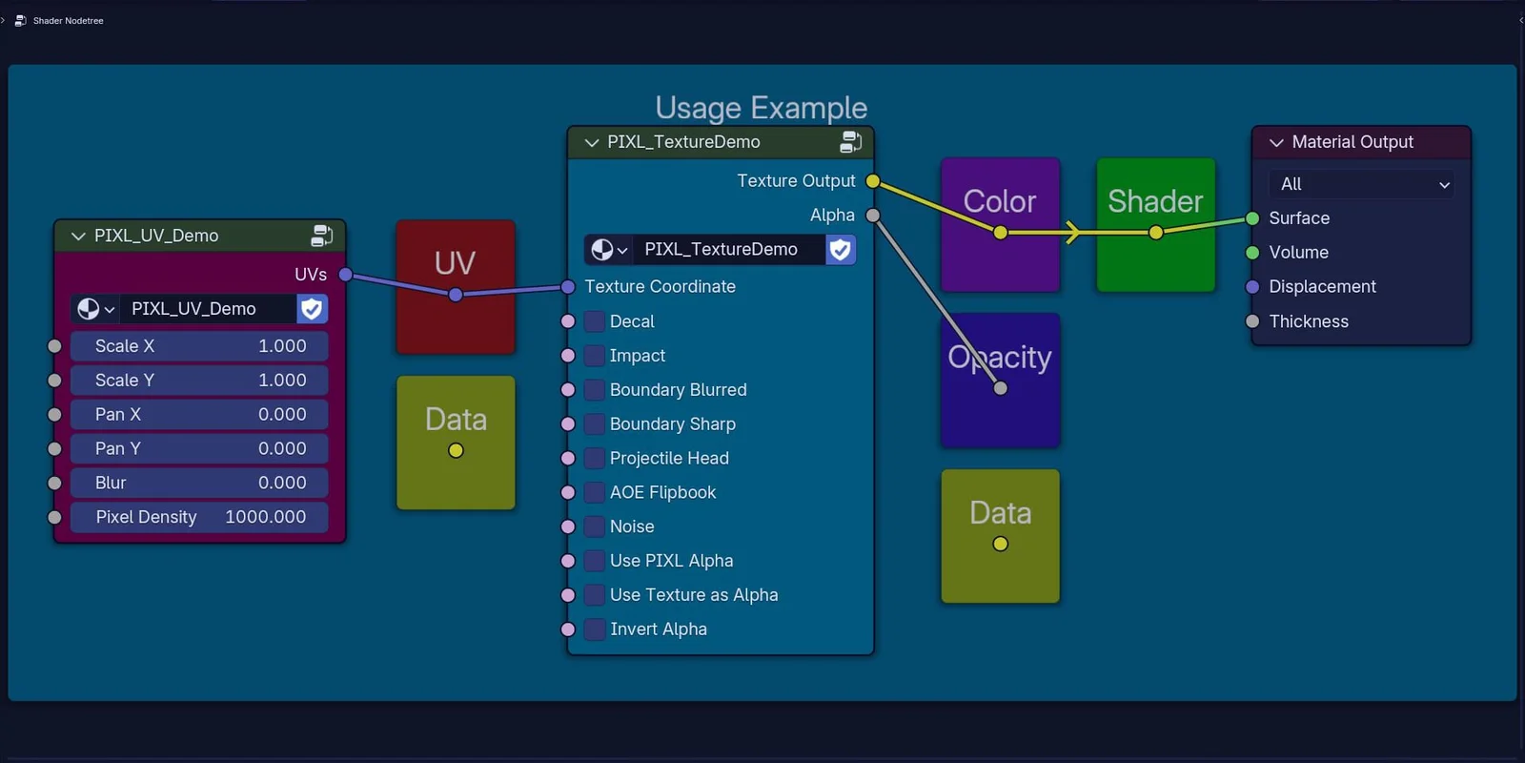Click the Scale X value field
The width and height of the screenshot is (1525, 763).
pos(199,346)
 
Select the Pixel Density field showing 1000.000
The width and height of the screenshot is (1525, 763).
pos(199,517)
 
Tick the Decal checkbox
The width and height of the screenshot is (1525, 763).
pos(595,321)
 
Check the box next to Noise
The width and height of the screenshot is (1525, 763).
pos(595,526)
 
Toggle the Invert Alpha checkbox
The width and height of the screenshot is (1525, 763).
pos(595,629)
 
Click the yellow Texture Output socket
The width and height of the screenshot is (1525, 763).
pos(872,181)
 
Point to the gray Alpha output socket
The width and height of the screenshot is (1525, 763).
pos(872,216)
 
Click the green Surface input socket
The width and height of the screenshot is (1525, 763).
pos(1252,218)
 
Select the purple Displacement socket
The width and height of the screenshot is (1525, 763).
pos(1252,287)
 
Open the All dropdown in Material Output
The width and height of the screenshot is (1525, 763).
pos(1361,184)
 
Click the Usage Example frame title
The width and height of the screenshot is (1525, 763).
pos(761,108)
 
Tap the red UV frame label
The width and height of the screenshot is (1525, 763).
pos(455,262)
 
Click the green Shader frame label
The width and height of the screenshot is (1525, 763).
pos(1155,201)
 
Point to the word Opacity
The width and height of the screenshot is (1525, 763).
pos(1000,357)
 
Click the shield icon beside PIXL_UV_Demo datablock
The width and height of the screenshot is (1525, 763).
pos(312,309)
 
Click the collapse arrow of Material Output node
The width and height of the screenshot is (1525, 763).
pos(1276,142)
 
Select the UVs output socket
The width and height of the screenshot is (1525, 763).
pos(346,275)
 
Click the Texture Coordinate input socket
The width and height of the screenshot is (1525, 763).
pos(568,287)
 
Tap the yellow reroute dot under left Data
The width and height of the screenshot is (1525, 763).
pos(456,450)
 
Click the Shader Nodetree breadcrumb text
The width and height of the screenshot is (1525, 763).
pos(68,20)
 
